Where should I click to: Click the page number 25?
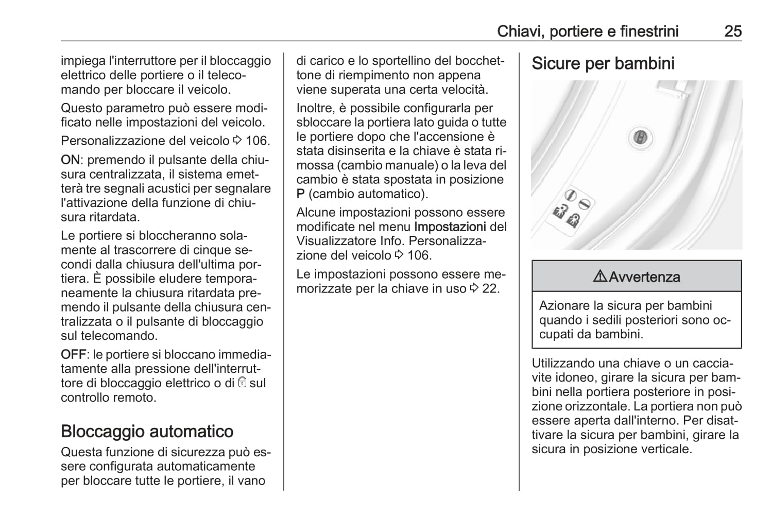(732, 31)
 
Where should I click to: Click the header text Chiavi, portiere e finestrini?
(588, 31)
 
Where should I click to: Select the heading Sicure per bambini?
(603, 64)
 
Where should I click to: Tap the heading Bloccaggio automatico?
(147, 431)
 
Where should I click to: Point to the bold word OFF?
(73, 355)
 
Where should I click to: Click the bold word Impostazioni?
(450, 227)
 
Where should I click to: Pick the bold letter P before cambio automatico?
(301, 194)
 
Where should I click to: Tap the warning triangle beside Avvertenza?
(599, 277)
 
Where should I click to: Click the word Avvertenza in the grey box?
(644, 277)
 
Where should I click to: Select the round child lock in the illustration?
(641, 138)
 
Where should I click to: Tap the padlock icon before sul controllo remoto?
(242, 383)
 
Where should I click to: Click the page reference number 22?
(490, 288)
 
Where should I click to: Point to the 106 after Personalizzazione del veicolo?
(257, 141)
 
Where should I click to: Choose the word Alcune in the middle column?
(316, 213)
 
